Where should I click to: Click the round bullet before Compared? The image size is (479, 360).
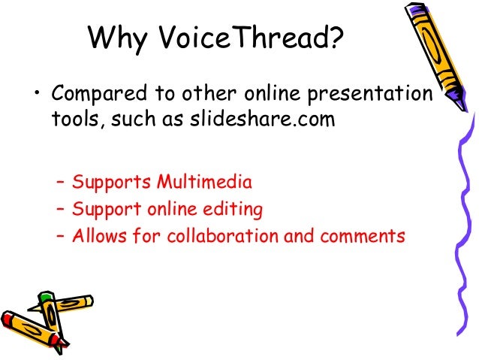[x=35, y=96]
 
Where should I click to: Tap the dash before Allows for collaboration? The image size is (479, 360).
[x=62, y=236]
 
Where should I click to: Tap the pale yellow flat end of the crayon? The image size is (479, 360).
[x=89, y=301]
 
